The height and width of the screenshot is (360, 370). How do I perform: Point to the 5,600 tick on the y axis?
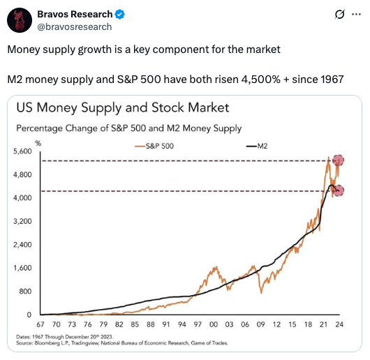click(x=23, y=151)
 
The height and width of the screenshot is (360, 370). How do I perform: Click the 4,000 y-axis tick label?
click(x=23, y=198)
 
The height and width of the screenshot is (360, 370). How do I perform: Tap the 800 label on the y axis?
click(x=26, y=292)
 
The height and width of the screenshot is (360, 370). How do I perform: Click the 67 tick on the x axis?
click(x=40, y=325)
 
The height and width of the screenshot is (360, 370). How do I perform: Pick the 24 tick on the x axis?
click(x=339, y=325)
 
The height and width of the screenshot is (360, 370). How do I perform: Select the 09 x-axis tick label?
click(x=260, y=325)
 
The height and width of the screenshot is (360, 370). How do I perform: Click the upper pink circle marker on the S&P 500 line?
click(x=341, y=161)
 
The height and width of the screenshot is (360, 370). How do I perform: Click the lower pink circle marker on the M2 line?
click(x=338, y=190)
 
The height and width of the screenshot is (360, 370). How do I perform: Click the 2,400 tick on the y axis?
click(x=23, y=245)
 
